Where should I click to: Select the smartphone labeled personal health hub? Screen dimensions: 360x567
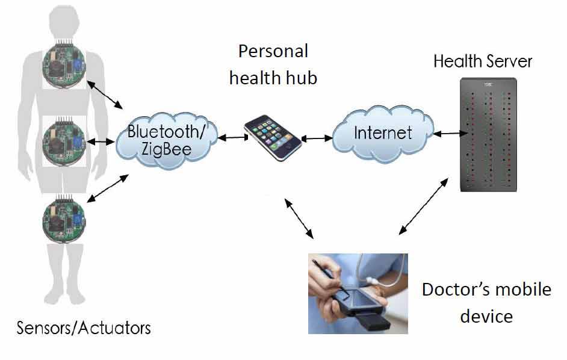(272, 138)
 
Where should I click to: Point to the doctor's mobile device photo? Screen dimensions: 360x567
(358, 293)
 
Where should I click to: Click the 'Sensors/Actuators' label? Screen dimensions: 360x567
(83, 328)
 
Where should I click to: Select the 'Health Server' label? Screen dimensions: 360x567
(483, 61)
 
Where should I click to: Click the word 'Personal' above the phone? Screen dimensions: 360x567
(273, 51)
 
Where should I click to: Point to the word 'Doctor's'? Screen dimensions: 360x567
(452, 290)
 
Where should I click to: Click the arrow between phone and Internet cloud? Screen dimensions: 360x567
(317, 138)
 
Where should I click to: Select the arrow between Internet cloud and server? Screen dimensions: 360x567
(447, 134)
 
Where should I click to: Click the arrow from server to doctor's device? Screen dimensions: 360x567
(424, 205)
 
